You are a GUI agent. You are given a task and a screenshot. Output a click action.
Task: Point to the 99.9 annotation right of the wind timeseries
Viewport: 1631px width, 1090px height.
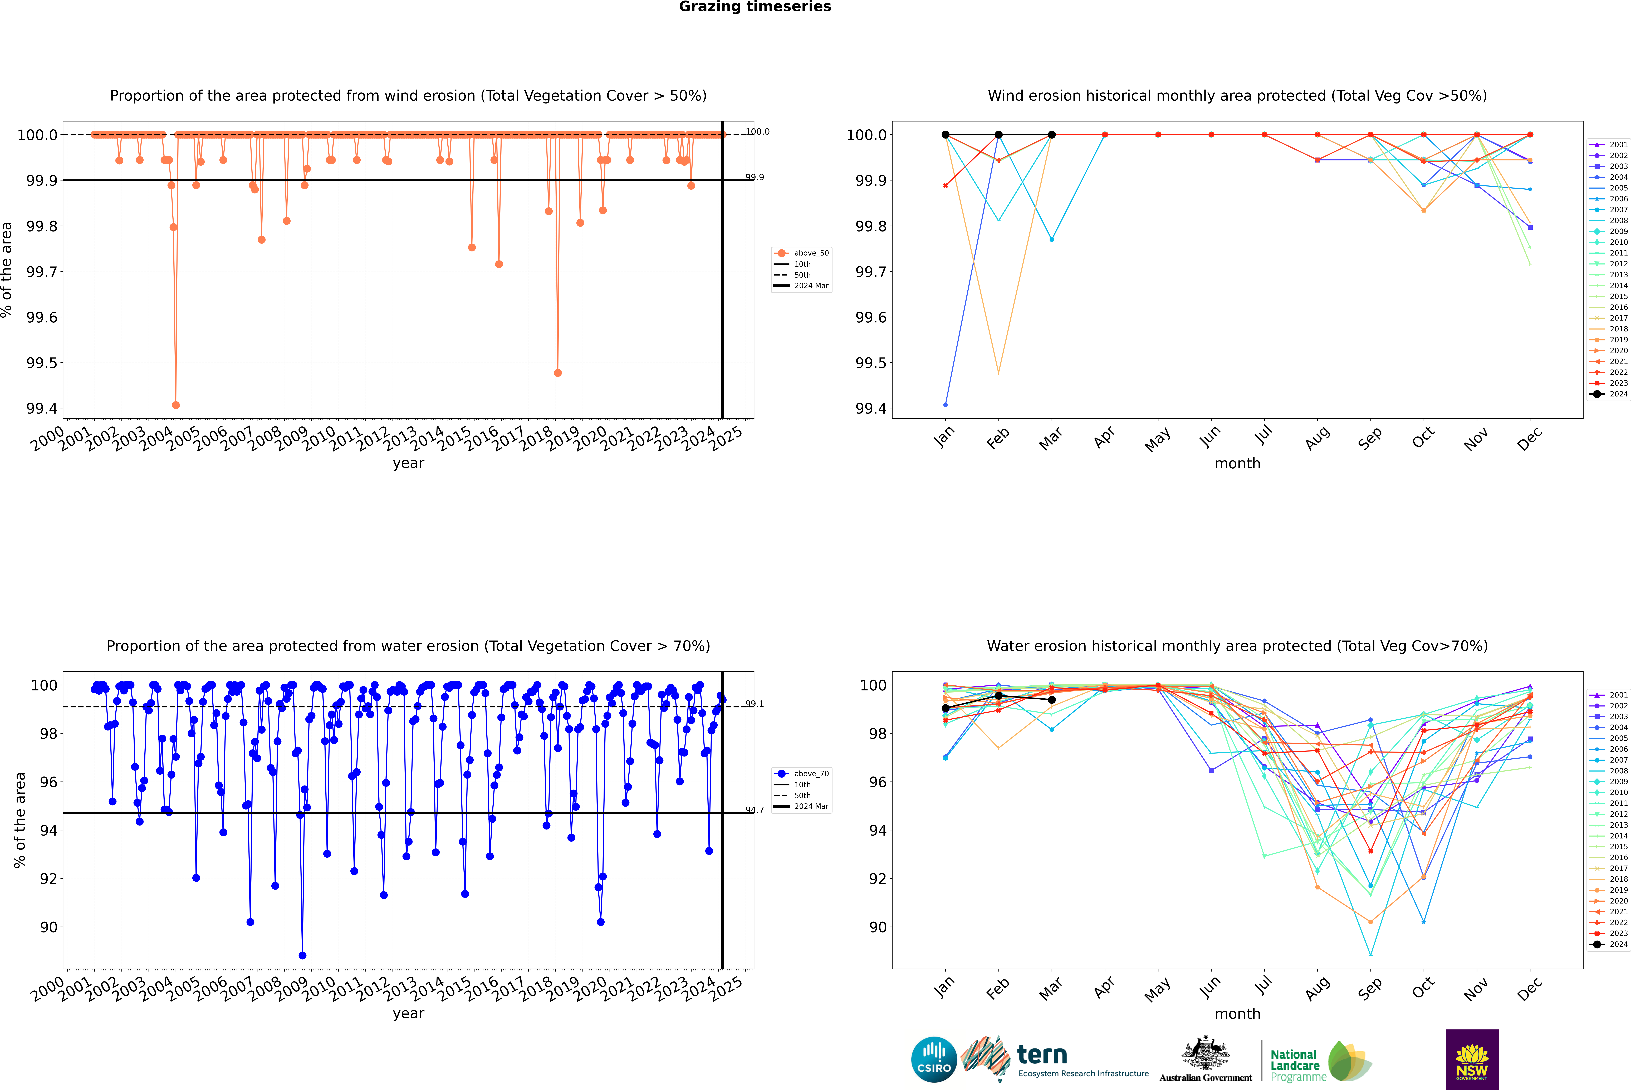(754, 177)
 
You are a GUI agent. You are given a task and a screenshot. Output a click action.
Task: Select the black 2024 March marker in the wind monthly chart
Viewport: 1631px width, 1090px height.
(1052, 135)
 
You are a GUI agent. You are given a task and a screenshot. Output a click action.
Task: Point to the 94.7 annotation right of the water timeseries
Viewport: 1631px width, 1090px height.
(754, 810)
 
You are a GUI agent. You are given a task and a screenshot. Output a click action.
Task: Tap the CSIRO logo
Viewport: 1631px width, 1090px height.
(934, 1059)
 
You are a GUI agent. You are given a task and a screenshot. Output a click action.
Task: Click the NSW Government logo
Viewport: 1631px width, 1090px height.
(1472, 1059)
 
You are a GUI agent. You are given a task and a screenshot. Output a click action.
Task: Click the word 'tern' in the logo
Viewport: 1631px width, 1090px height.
(1041, 1055)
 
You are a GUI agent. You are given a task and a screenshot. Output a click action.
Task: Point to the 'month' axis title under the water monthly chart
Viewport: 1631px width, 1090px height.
(1237, 1014)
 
